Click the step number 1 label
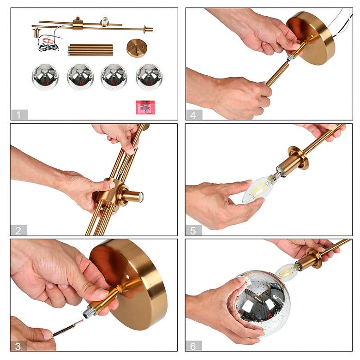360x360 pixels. (19, 114)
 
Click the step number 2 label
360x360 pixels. (19, 230)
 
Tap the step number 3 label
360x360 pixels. (18, 346)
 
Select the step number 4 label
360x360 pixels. (194, 114)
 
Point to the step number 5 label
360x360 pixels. (193, 230)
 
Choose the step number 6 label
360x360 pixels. (193, 346)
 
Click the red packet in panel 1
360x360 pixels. (145, 107)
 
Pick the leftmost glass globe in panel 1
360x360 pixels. (45, 77)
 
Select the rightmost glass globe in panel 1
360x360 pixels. (149, 77)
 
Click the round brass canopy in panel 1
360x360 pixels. (137, 48)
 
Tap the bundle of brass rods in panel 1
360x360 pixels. (90, 50)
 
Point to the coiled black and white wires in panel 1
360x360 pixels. (48, 44)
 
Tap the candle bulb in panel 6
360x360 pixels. (287, 272)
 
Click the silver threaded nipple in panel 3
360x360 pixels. (89, 313)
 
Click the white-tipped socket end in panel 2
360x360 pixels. (140, 197)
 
